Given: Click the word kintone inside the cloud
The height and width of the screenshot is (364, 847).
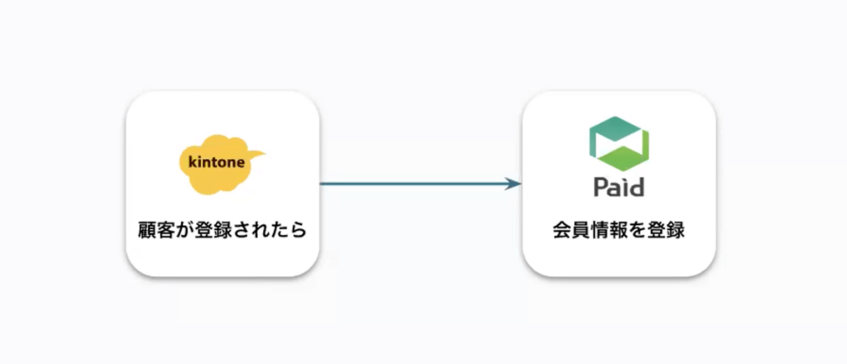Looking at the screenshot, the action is coord(216,161).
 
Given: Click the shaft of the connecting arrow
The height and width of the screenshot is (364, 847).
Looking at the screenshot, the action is coord(414,184).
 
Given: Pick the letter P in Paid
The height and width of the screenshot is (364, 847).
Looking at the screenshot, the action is coord(601,188).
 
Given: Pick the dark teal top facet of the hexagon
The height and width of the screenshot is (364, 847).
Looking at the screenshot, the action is coord(619,127).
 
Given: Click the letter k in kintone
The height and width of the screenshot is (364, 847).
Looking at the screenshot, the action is coord(192,161).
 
